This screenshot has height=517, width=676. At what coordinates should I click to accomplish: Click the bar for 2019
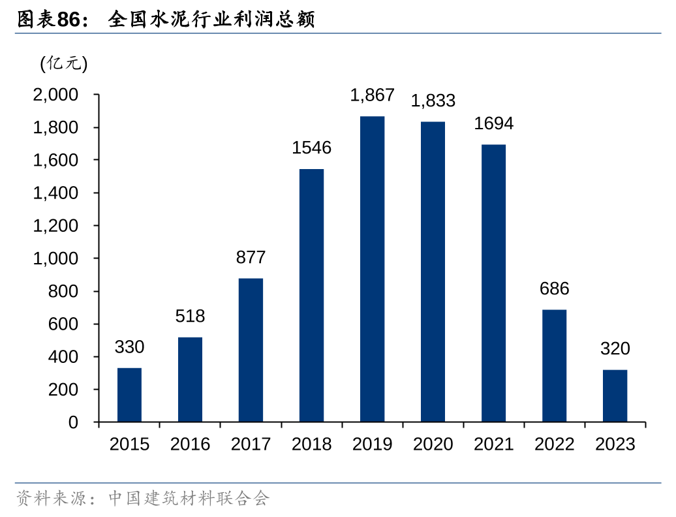[x=372, y=269]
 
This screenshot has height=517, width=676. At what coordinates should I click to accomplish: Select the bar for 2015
[x=129, y=395]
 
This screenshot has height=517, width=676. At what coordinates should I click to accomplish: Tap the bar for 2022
[x=554, y=366]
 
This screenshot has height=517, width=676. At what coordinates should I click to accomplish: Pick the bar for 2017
[x=251, y=350]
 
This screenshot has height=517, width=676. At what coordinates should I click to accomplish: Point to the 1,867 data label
[x=372, y=95]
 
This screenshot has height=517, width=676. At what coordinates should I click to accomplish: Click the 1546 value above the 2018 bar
[x=311, y=148]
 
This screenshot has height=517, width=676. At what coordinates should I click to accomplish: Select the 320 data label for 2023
[x=615, y=349]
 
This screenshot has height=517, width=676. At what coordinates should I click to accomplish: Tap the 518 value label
[x=190, y=317]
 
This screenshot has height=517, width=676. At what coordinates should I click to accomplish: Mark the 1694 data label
[x=493, y=123]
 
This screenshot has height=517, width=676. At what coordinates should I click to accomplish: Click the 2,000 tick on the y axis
[x=55, y=95]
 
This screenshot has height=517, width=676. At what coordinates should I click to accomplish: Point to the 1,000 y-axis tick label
[x=55, y=258]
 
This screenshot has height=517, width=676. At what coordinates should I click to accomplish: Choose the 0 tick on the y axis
[x=73, y=422]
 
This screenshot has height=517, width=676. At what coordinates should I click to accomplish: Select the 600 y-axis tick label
[x=63, y=324]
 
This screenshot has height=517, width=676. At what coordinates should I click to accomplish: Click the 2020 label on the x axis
[x=433, y=445]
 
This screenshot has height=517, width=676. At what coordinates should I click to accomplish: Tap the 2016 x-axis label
[x=190, y=445]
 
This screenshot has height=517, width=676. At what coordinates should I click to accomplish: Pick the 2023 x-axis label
[x=615, y=445]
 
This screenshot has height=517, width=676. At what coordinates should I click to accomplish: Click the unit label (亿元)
[x=63, y=63]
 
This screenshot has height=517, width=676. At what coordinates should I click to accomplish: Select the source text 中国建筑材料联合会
[x=189, y=499]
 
